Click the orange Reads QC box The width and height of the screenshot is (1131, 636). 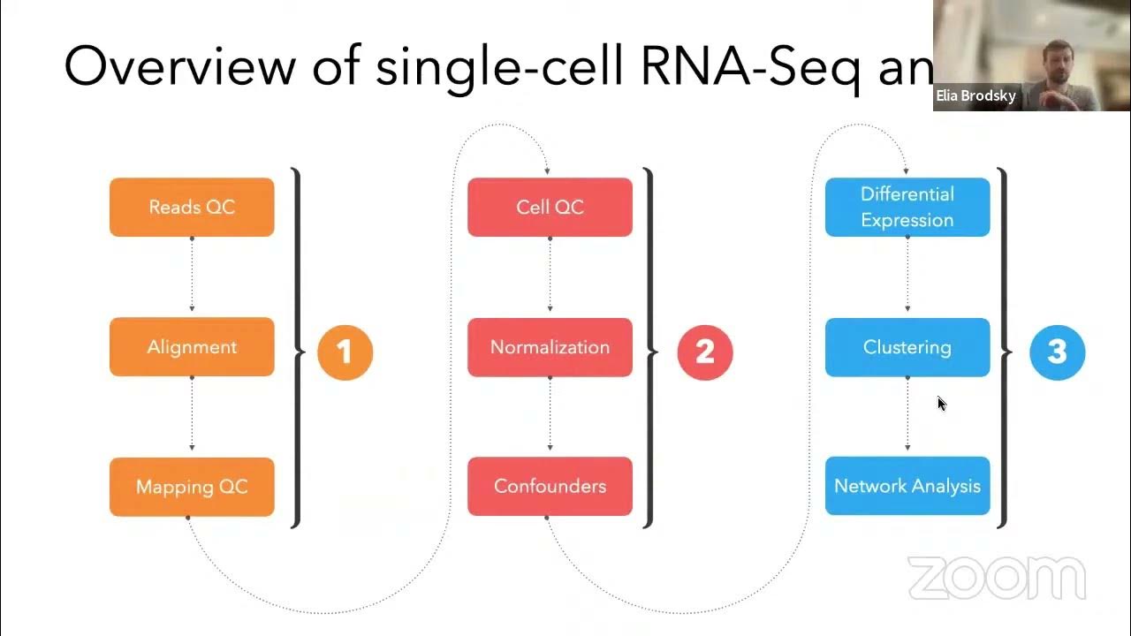click(x=192, y=207)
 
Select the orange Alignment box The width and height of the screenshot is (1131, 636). click(x=192, y=346)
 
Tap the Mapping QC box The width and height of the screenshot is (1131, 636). click(x=192, y=486)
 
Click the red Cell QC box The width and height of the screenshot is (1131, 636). click(x=550, y=207)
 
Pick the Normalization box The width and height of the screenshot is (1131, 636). click(x=550, y=346)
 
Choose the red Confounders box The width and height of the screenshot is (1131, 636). click(x=550, y=486)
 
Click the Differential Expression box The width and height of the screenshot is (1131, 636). click(x=907, y=207)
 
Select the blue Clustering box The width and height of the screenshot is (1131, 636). click(x=907, y=346)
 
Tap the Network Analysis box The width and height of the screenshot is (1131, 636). click(x=907, y=486)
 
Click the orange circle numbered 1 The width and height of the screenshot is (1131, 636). click(x=345, y=352)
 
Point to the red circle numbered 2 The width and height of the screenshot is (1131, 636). click(x=704, y=352)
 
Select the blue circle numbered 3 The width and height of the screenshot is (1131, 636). click(x=1057, y=352)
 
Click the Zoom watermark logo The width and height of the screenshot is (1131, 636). click(x=997, y=579)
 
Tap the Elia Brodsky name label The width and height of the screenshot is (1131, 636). click(x=975, y=96)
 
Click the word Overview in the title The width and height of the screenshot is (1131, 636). click(x=178, y=66)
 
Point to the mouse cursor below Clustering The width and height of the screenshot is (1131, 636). click(x=941, y=404)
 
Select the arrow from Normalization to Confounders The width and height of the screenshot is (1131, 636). click(x=550, y=415)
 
